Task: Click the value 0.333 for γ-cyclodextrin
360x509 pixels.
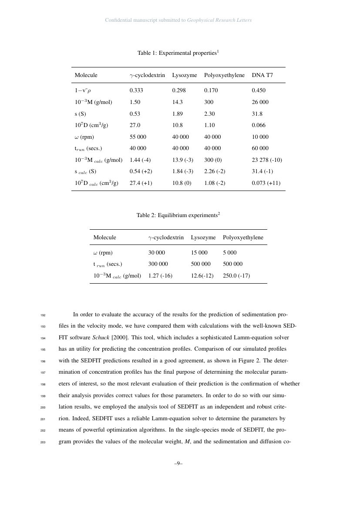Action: [136, 90]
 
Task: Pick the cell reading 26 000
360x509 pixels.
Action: [260, 102]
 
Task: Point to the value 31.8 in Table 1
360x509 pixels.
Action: [257, 114]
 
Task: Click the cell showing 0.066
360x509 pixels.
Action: [258, 125]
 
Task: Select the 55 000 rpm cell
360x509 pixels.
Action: [138, 137]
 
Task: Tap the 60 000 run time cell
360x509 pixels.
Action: [260, 148]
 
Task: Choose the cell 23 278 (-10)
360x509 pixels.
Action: [266, 160]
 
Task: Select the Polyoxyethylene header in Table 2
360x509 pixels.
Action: [243, 238]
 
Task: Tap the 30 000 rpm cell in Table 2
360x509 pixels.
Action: [157, 252]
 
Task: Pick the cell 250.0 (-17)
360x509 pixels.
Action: [236, 275]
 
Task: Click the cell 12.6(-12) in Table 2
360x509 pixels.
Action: [202, 275]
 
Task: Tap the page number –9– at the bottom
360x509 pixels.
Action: [178, 464]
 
